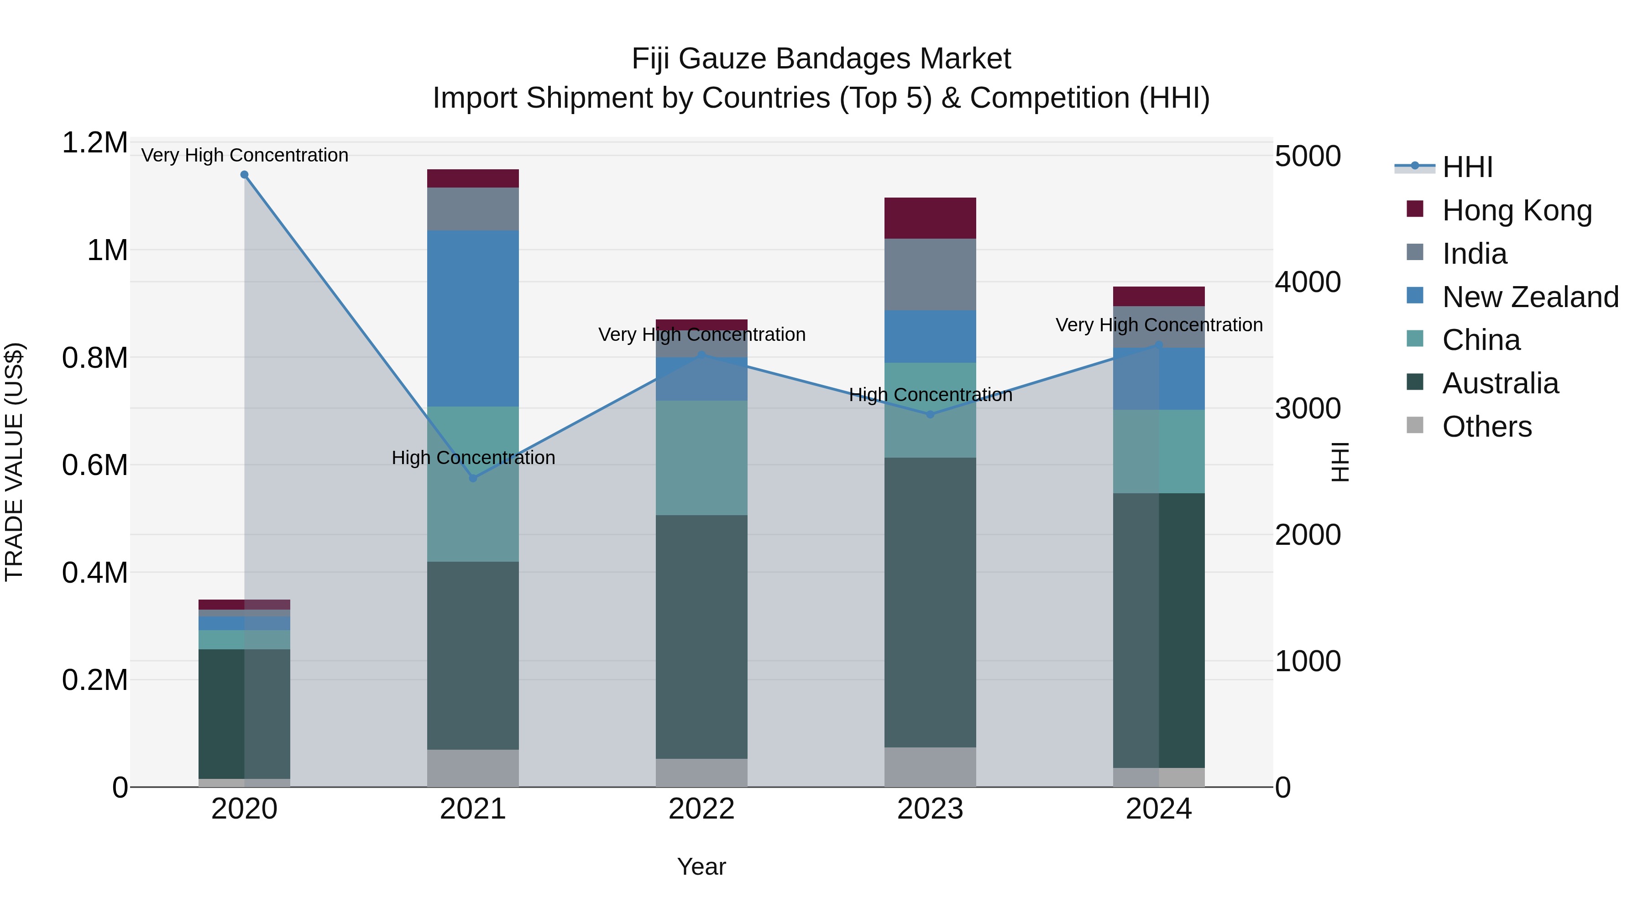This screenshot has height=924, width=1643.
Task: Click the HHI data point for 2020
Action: pyautogui.click(x=244, y=175)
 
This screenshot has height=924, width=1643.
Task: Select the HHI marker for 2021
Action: pyautogui.click(x=473, y=478)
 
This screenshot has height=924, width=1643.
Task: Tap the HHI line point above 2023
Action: pyautogui.click(x=930, y=414)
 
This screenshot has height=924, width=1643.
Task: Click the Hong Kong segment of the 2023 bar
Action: pyautogui.click(x=930, y=218)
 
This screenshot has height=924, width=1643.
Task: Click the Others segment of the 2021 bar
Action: pyautogui.click(x=473, y=768)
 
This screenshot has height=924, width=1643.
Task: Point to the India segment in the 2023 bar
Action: pyautogui.click(x=930, y=274)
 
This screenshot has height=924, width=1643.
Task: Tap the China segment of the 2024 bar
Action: pyautogui.click(x=1159, y=451)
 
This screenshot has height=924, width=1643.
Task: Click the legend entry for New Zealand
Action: pyautogui.click(x=1529, y=297)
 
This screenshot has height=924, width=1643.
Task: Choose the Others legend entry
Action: pyautogui.click(x=1486, y=427)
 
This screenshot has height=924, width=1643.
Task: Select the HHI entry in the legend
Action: pyautogui.click(x=1467, y=167)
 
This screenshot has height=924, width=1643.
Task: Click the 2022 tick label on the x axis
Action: pyautogui.click(x=701, y=809)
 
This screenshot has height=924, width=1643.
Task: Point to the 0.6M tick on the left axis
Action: pyautogui.click(x=94, y=465)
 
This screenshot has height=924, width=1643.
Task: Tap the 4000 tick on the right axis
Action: pyautogui.click(x=1308, y=282)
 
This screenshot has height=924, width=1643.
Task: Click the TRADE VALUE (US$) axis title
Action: pyautogui.click(x=14, y=462)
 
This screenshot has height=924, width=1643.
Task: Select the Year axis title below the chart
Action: pyautogui.click(x=701, y=867)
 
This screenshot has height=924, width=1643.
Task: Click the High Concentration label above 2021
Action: pyautogui.click(x=473, y=457)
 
